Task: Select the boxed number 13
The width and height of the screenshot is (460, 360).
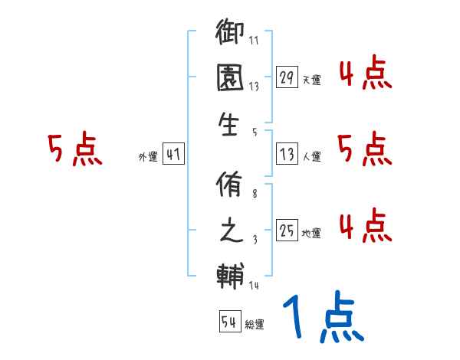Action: [x=287, y=154]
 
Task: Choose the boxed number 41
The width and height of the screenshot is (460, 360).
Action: [x=173, y=154]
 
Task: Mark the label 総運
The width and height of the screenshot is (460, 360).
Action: [x=255, y=324]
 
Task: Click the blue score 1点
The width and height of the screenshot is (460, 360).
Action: [x=322, y=318]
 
